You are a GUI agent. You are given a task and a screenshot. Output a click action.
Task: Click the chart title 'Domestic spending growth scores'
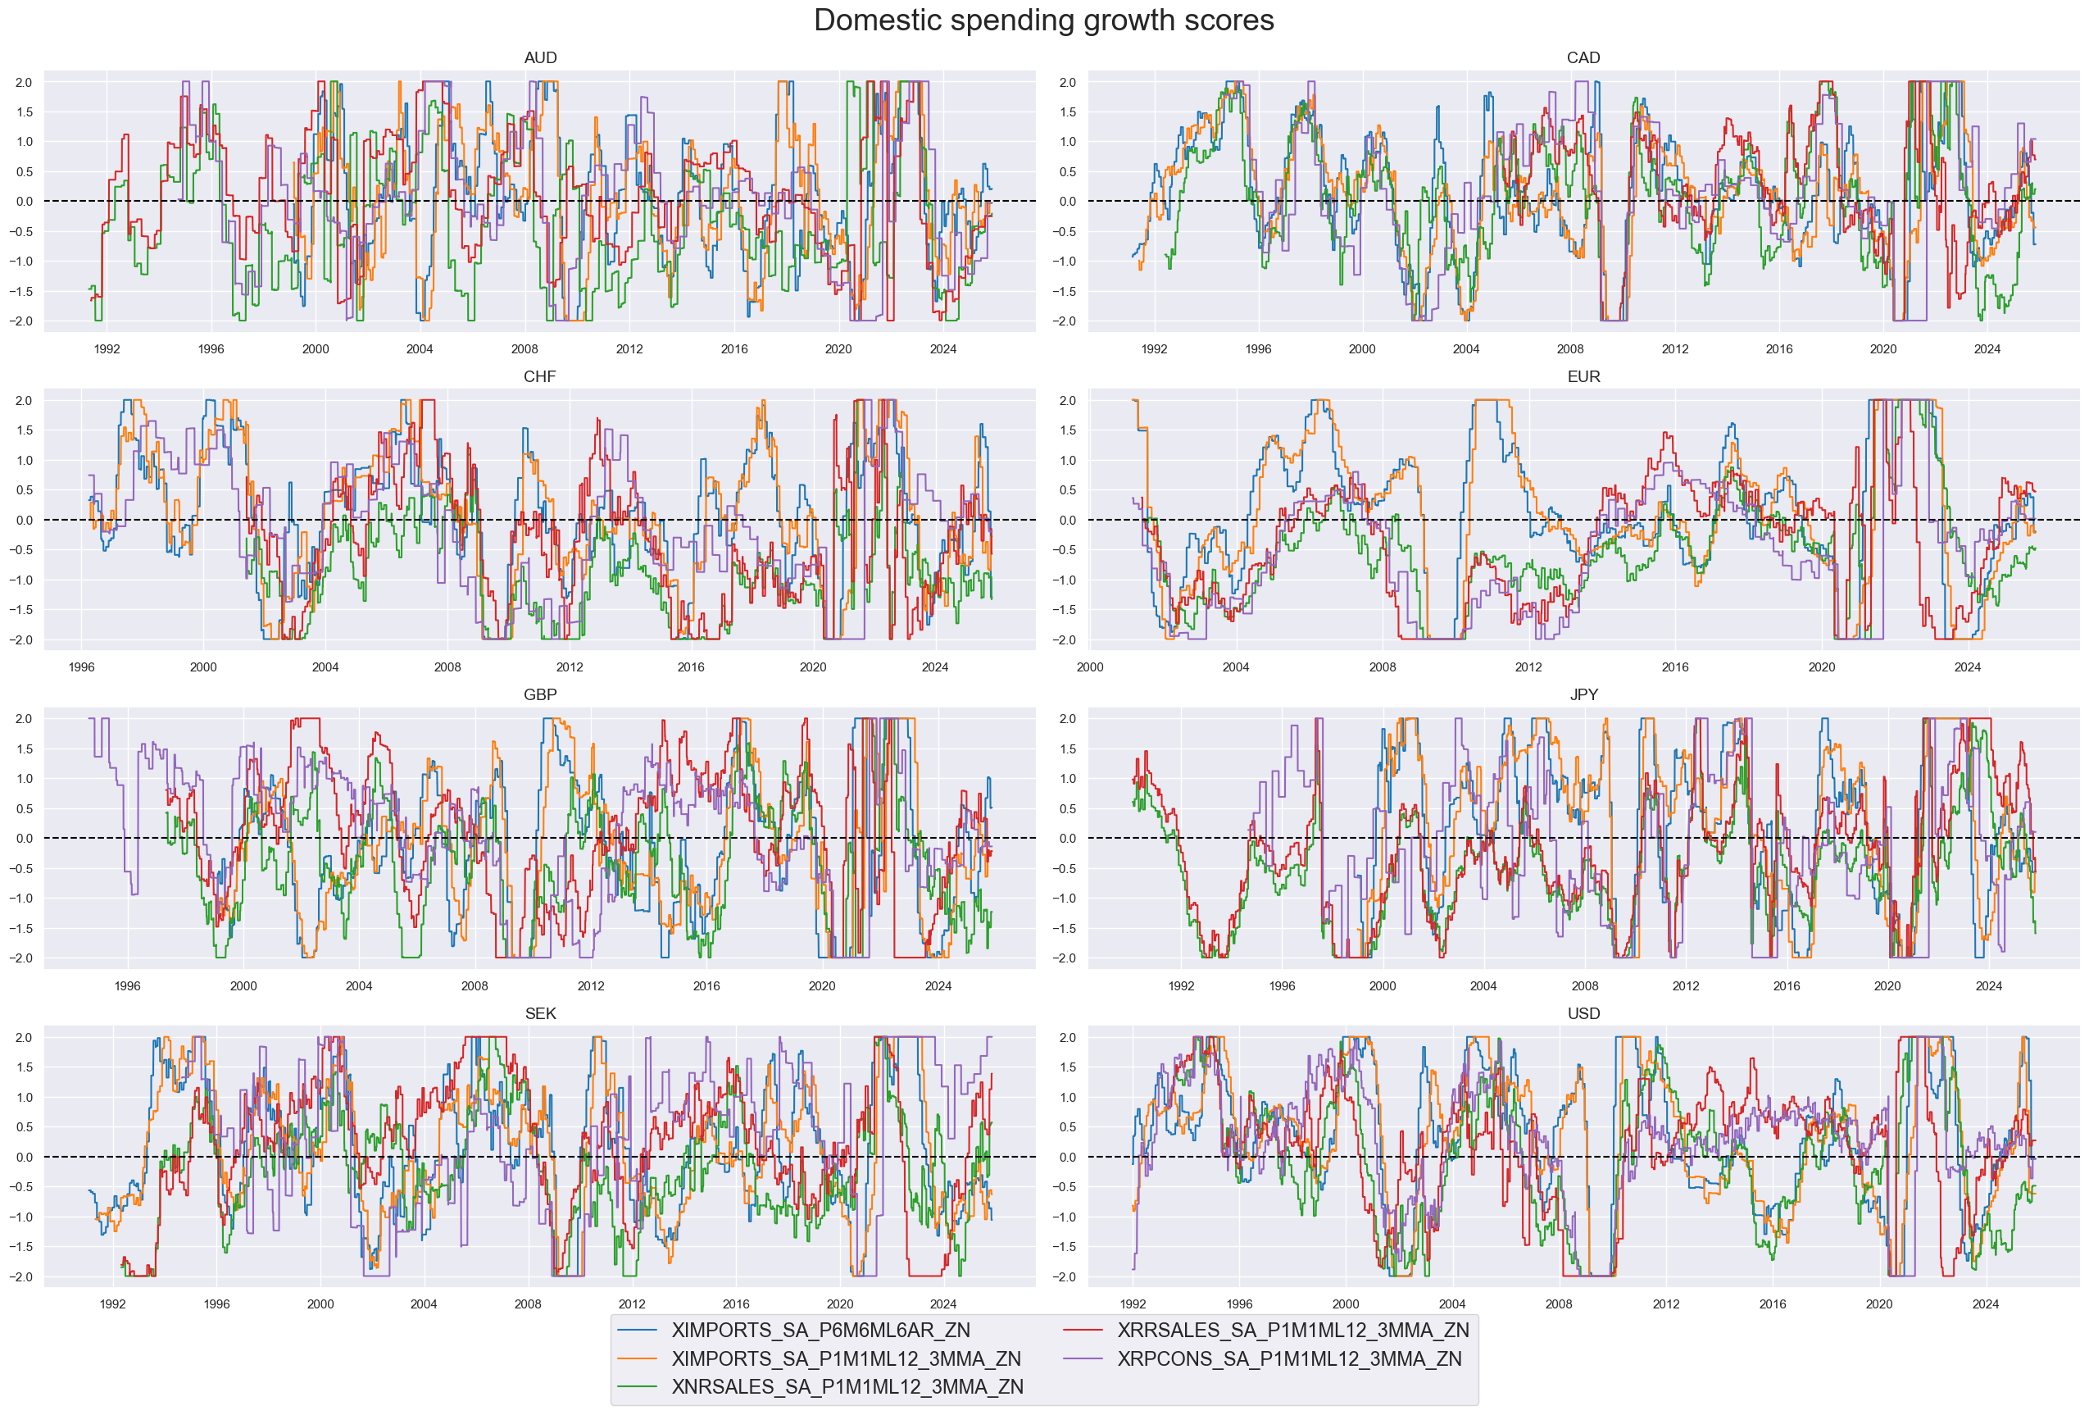(x=1043, y=20)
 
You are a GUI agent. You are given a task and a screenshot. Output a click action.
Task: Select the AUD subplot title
(x=539, y=57)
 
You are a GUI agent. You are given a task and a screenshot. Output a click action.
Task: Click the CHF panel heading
(x=539, y=376)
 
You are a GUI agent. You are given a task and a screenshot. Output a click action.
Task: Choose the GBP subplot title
(x=539, y=695)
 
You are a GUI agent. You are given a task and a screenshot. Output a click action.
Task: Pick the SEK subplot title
(x=539, y=1014)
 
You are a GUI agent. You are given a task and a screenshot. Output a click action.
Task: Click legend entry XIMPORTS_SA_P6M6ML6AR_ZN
(x=820, y=1331)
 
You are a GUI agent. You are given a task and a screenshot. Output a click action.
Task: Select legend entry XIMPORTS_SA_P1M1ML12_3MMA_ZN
(x=845, y=1358)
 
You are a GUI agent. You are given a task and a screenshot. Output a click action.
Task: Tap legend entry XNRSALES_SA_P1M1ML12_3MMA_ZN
(x=847, y=1387)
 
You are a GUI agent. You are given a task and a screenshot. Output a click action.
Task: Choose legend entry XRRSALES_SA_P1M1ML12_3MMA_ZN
(x=1292, y=1331)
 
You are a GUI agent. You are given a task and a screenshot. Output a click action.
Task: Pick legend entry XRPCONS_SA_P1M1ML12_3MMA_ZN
(x=1289, y=1358)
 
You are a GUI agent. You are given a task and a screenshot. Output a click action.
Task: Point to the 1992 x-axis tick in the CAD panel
(x=1154, y=348)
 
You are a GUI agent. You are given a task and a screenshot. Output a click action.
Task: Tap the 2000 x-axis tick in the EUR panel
(x=1089, y=667)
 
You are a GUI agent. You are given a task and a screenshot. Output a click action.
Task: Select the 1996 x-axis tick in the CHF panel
(x=82, y=667)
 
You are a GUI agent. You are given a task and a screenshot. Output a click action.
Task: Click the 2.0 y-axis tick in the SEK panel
(x=24, y=1037)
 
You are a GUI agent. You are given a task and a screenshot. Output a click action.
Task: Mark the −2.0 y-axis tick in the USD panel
(x=1066, y=1276)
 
